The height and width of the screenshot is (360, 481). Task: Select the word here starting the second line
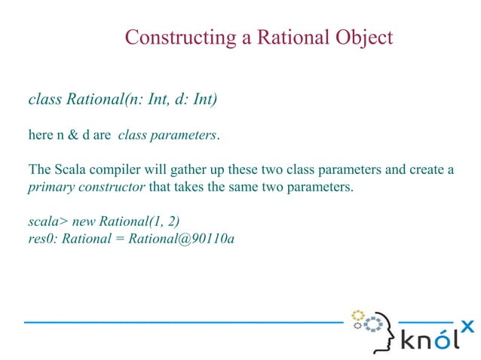click(40, 136)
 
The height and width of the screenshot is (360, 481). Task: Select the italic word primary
click(50, 188)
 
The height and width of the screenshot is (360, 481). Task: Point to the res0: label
click(42, 239)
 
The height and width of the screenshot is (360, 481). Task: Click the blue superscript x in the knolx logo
click(467, 326)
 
